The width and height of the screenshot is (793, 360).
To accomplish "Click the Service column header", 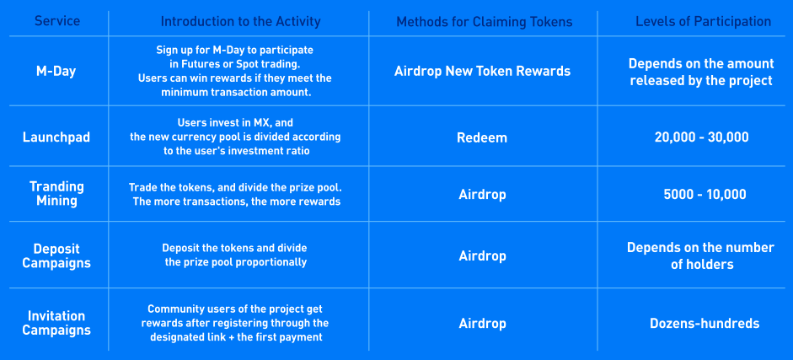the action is coord(57,21).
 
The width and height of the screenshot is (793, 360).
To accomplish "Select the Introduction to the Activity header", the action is coord(241,21).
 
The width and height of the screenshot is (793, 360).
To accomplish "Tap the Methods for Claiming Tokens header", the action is coord(485,22).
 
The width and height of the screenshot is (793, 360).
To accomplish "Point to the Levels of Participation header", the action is coord(704,21).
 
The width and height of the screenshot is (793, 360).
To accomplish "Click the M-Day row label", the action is coord(56,71).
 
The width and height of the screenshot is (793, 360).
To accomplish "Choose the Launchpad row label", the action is coord(56,137).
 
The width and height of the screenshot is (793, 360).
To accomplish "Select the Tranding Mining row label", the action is coord(56,194).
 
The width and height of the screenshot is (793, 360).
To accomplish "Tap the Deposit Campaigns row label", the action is coord(56,255).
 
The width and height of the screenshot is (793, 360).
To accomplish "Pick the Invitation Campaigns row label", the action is coord(56,323).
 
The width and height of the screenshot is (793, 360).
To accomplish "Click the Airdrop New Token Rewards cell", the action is coord(483,71).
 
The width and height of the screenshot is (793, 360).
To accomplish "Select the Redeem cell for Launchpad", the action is coord(482,137).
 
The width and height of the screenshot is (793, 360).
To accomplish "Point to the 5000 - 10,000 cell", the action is coord(705,194).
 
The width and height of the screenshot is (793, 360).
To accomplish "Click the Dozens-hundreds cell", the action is coord(705,323).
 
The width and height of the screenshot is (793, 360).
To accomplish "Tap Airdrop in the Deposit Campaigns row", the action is coord(483,255).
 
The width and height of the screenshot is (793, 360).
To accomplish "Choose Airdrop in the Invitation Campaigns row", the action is coord(483,323).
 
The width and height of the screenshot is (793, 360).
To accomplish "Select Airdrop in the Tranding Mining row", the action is coord(483,195).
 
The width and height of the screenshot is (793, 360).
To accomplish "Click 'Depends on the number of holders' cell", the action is coord(701,255).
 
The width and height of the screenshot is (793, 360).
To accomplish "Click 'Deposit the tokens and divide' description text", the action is coord(234,248).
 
